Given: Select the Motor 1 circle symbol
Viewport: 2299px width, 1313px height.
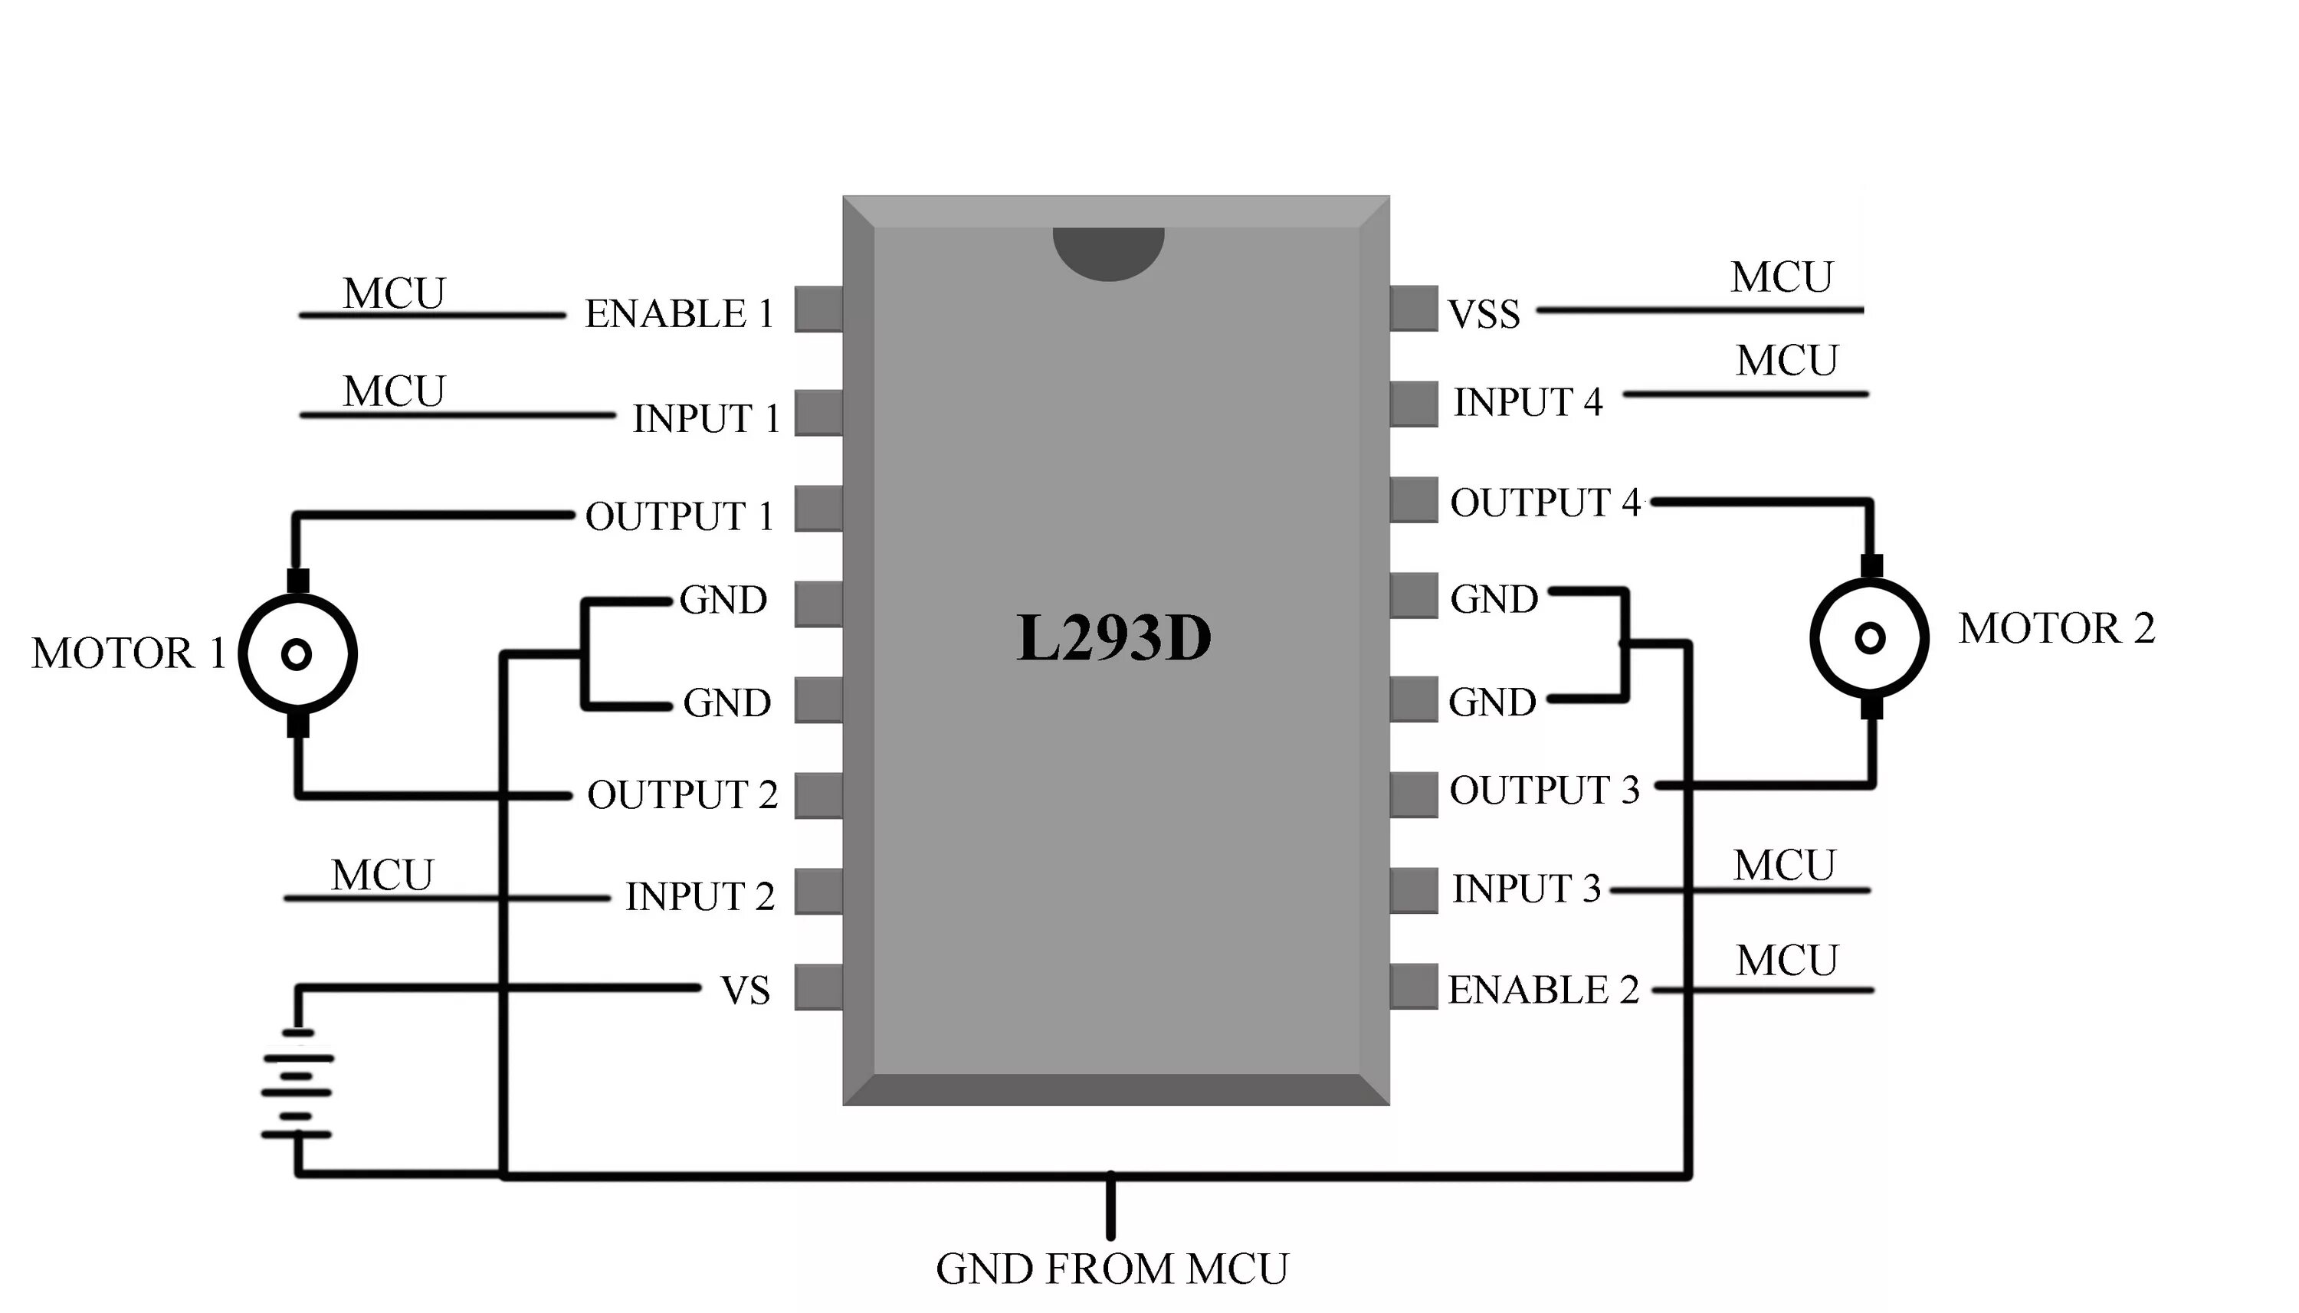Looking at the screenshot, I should click(x=297, y=653).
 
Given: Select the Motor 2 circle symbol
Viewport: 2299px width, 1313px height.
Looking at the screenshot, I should click(x=1870, y=637).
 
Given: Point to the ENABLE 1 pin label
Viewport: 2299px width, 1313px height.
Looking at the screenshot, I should click(x=679, y=315).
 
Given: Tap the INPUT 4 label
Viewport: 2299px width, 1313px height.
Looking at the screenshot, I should click(x=1528, y=402).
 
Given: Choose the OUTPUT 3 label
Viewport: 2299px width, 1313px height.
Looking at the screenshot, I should click(x=1544, y=790).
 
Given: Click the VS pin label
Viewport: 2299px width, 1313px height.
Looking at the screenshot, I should click(x=745, y=991).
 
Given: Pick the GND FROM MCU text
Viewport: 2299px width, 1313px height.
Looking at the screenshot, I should click(x=1112, y=1269).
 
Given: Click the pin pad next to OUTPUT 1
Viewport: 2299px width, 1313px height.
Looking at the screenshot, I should click(x=818, y=509).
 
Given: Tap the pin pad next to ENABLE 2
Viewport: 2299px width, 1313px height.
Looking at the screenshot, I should click(x=1413, y=986).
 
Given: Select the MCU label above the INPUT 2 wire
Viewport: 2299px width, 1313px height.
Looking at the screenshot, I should click(x=382, y=876).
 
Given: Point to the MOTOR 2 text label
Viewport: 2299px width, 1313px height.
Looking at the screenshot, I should click(x=2056, y=629).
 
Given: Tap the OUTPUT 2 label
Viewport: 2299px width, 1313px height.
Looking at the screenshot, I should click(x=682, y=795).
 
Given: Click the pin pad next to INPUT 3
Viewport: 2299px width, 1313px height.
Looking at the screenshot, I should click(x=1413, y=890).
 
